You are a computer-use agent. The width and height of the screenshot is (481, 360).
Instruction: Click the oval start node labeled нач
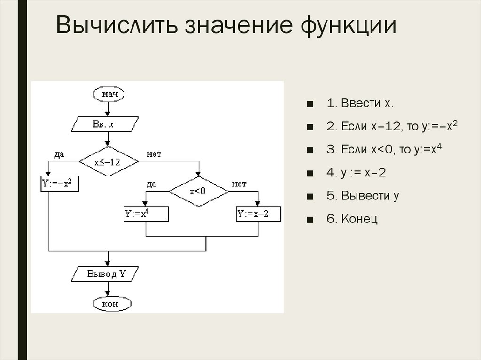109,94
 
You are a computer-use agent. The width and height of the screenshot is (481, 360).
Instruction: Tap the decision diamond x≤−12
109,162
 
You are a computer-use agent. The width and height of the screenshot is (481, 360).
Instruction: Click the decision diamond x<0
199,192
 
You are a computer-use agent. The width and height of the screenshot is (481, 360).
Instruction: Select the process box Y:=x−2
258,214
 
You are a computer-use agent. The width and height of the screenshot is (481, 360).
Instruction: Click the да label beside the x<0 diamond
151,184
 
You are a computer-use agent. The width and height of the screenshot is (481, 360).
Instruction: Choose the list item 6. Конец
353,219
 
